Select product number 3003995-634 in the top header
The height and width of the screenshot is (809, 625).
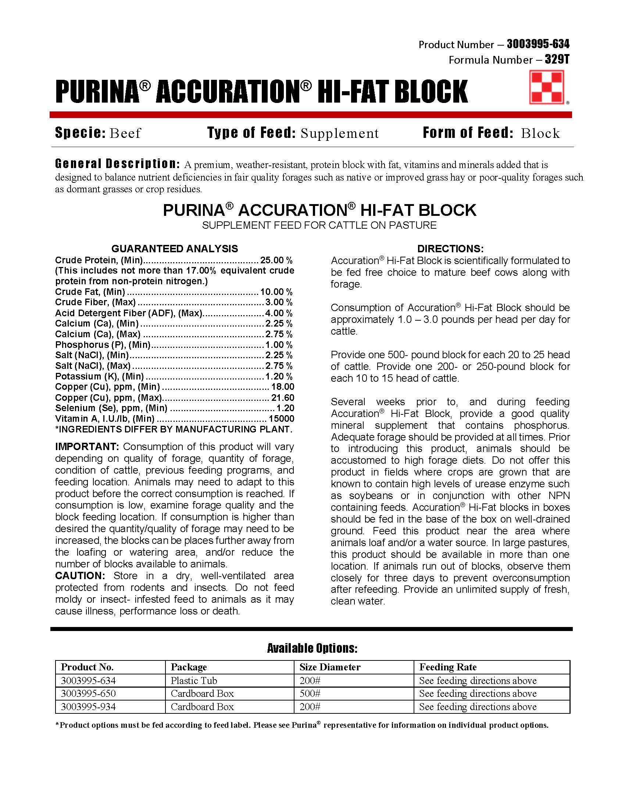point(537,44)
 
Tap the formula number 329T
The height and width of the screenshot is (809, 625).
point(557,59)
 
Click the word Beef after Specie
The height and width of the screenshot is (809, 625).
point(125,133)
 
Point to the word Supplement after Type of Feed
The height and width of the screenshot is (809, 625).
point(340,133)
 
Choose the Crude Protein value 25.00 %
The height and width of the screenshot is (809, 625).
point(276,260)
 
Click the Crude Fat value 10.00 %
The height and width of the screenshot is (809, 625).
point(276,292)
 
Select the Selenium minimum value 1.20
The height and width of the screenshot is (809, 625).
point(285,408)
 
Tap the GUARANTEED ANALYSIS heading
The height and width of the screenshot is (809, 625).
point(175,248)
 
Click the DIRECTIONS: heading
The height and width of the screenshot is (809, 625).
point(450,248)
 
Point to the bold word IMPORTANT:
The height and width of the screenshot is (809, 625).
point(87,446)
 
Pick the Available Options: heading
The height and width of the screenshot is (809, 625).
point(312,648)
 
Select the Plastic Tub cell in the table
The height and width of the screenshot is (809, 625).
point(194,680)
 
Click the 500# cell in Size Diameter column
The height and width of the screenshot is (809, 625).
point(310,694)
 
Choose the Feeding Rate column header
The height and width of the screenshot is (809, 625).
point(448,667)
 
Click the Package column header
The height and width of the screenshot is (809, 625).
point(189,667)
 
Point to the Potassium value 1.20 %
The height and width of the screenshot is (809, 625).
point(279,376)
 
